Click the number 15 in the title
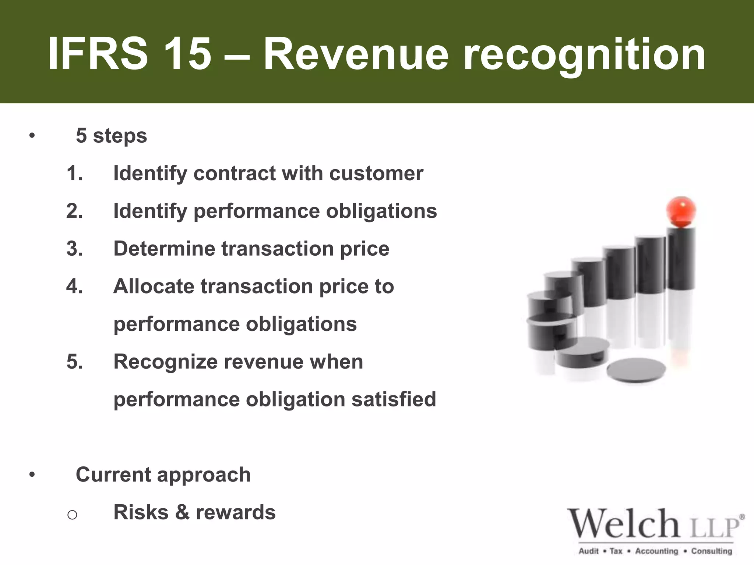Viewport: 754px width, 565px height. (187, 54)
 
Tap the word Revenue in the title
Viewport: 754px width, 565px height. (356, 54)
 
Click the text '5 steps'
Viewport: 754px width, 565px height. (111, 136)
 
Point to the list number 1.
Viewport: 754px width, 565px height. (74, 173)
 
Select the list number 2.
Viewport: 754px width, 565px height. (74, 211)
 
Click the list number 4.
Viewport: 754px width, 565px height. (74, 286)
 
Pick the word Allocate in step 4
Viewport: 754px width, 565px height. (153, 286)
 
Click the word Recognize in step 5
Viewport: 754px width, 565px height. (165, 362)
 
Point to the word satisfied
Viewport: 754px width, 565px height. (394, 399)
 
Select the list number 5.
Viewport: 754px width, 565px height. (74, 362)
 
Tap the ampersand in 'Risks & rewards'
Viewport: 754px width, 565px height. (182, 512)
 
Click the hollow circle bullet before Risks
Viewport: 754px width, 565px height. (72, 514)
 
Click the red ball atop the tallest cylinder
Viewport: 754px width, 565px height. (681, 212)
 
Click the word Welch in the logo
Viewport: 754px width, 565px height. (623, 524)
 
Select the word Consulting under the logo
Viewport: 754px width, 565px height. (711, 551)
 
